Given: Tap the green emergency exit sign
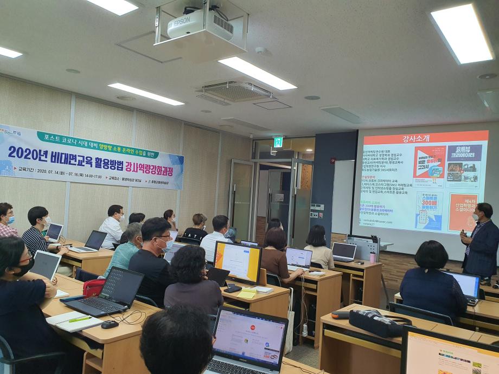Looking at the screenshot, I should coord(278,142).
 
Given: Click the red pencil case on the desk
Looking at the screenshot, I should coord(93,287).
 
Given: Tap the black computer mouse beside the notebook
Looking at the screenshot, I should coord(110,324).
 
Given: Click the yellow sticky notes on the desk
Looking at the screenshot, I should coord(248,293).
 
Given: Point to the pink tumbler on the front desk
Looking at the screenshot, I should coord(373,256).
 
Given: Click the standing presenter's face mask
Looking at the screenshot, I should coord(475,217).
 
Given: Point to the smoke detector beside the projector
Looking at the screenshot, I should coord(261,51).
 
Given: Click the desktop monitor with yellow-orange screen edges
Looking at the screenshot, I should coord(237,262).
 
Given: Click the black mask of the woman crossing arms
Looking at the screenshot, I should coord(24,267).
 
